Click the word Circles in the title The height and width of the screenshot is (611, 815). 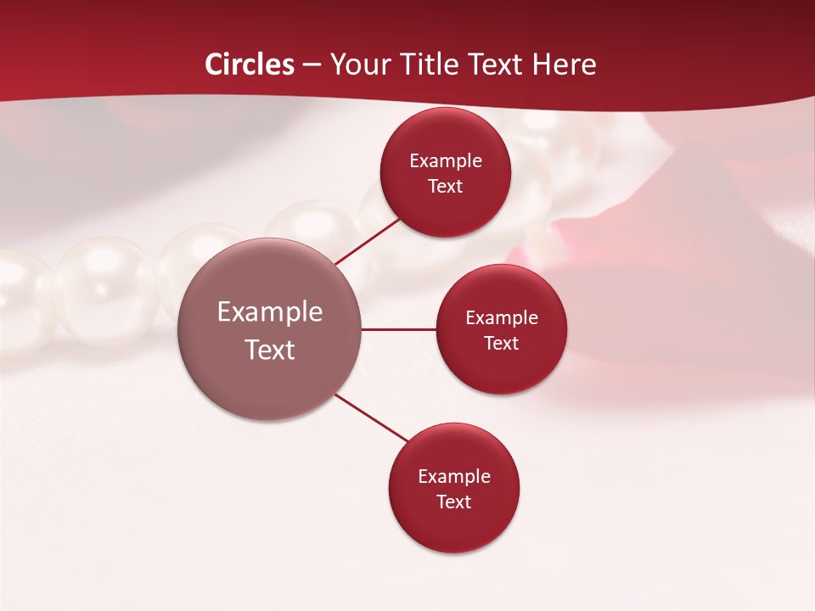click(x=250, y=64)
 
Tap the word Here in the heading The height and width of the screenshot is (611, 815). click(x=565, y=64)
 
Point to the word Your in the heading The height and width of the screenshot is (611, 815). click(x=360, y=64)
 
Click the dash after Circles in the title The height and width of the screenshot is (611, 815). click(x=312, y=65)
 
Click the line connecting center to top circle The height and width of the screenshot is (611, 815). click(x=368, y=240)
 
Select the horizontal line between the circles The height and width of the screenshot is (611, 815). click(x=399, y=329)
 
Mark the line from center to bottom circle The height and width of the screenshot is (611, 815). click(x=372, y=418)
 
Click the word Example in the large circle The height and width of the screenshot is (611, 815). click(x=270, y=312)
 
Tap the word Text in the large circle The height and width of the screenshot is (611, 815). click(x=270, y=350)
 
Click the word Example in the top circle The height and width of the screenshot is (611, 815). click(x=446, y=161)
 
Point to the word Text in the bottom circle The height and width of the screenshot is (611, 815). click(x=454, y=502)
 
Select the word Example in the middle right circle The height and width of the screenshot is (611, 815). click(x=502, y=318)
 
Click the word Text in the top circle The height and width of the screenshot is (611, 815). click(x=446, y=187)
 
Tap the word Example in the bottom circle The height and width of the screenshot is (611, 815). click(x=454, y=476)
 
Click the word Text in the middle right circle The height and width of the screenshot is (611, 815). click(x=502, y=343)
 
